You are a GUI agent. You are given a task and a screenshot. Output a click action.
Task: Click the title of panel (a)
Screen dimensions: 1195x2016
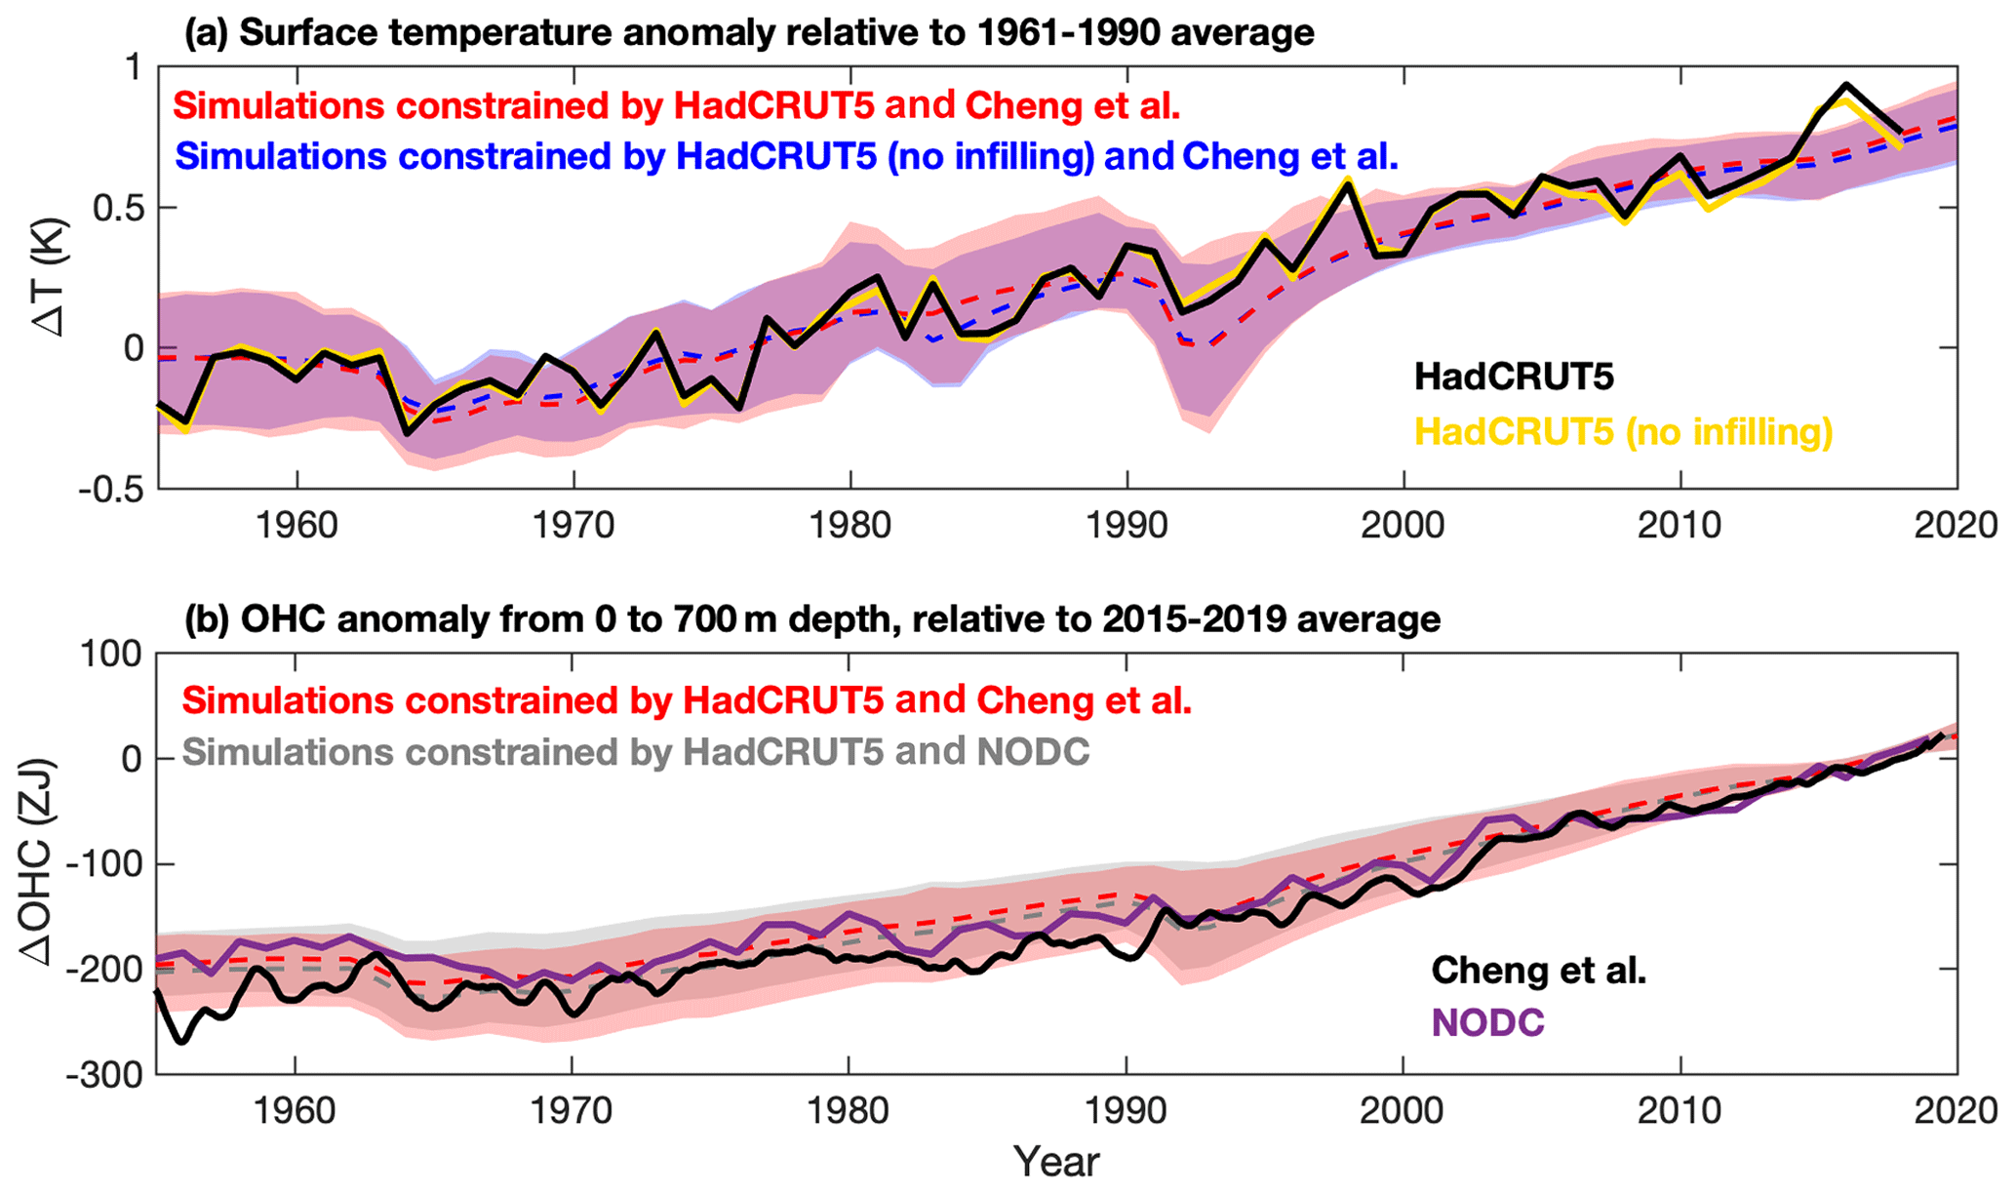click(x=749, y=33)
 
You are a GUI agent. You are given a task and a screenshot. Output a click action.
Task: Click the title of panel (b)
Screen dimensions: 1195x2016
click(x=811, y=619)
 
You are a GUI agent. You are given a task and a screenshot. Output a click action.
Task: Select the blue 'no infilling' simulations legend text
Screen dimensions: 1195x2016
click(x=786, y=156)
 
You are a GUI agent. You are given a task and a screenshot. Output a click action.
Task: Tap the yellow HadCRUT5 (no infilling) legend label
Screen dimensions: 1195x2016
click(x=1623, y=431)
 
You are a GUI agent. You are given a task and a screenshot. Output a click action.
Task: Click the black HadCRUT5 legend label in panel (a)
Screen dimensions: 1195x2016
click(x=1514, y=377)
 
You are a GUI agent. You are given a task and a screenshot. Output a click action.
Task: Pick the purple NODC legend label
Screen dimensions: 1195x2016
click(x=1487, y=1022)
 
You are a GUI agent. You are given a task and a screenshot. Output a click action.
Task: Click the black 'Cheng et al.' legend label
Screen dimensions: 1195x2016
click(x=1538, y=970)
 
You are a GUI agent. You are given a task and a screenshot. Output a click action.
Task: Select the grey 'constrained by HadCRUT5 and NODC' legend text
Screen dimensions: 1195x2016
click(x=635, y=752)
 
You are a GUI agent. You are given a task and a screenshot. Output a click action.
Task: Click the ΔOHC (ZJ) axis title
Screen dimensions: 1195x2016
click(x=39, y=862)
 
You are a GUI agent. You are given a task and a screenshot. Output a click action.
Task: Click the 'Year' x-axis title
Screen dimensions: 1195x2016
click(x=1056, y=1162)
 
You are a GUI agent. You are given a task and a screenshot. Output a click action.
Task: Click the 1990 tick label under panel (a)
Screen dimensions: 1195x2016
click(x=1127, y=526)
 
